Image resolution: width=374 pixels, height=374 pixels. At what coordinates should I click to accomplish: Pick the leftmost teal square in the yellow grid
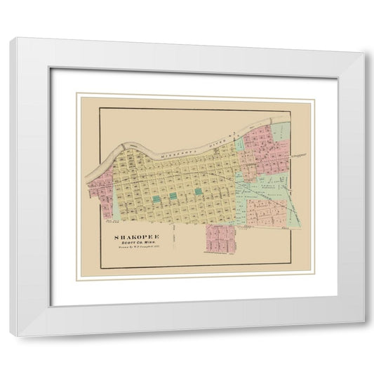pyautogui.click(x=155, y=199)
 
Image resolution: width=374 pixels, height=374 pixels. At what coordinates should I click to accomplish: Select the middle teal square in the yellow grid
pyautogui.click(x=172, y=196)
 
